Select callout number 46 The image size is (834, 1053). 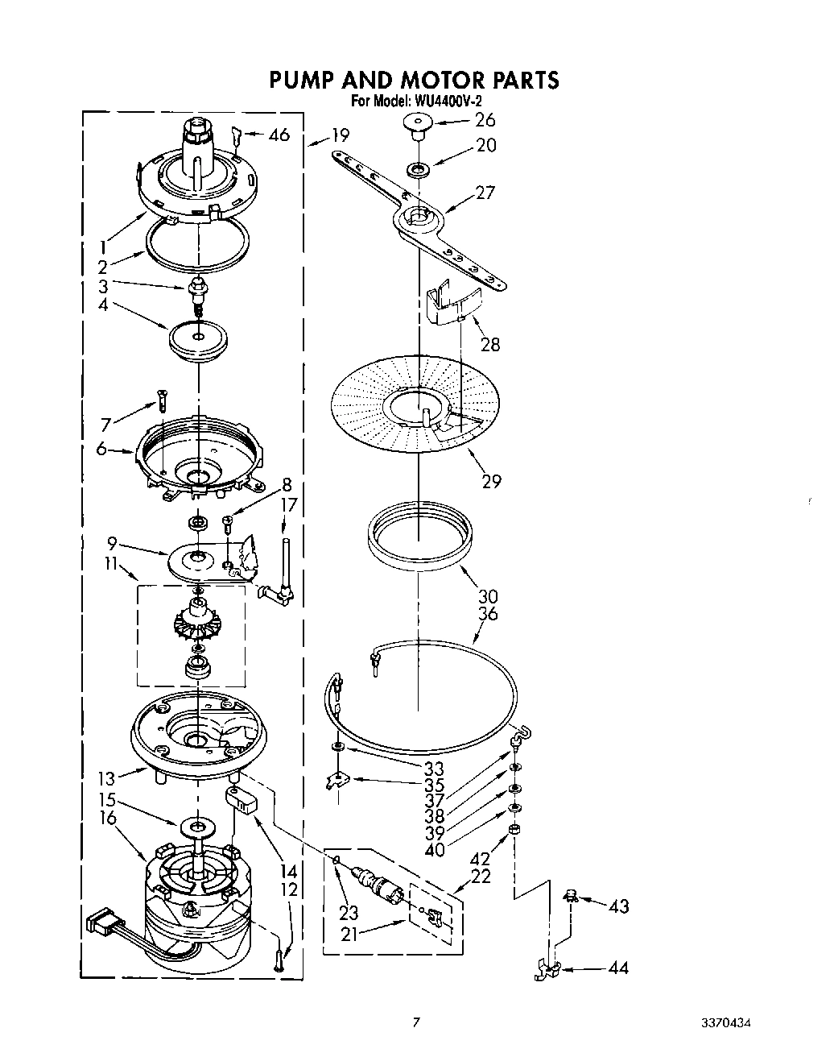(279, 135)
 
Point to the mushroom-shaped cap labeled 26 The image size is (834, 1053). (417, 124)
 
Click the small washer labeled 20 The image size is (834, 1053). (418, 168)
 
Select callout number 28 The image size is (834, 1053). (490, 344)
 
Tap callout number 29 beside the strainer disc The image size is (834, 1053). (491, 481)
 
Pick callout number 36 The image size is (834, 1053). (489, 614)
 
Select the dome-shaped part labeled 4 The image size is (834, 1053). (198, 339)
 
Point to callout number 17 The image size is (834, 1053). (289, 505)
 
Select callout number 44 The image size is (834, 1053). (618, 968)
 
